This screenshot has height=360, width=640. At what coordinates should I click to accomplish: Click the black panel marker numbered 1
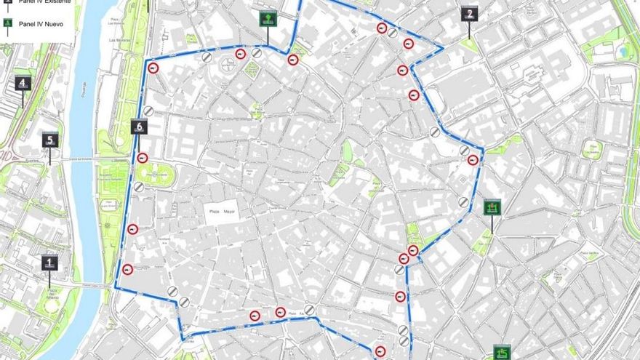pyautogui.click(x=49, y=263)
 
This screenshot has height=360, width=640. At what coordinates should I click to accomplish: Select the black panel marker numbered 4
pyautogui.click(x=23, y=83)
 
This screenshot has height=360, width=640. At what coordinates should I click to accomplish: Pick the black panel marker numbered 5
pyautogui.click(x=50, y=140)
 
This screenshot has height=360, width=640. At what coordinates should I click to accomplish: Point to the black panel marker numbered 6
pyautogui.click(x=140, y=127)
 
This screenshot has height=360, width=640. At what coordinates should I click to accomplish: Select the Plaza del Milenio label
pyautogui.click(x=52, y=294)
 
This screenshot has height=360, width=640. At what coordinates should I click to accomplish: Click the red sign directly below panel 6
pyautogui.click(x=143, y=158)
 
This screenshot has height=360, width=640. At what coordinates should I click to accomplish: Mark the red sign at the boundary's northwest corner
pyautogui.click(x=153, y=68)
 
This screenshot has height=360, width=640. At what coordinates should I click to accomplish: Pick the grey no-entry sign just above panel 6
pyautogui.click(x=148, y=111)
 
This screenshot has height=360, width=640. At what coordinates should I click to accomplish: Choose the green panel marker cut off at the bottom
pyautogui.click(x=502, y=353)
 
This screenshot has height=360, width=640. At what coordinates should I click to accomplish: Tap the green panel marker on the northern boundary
pyautogui.click(x=268, y=19)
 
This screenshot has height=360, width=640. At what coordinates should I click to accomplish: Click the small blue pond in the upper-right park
pyautogui.click(x=623, y=52)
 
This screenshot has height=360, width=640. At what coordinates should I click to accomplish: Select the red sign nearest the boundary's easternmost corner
pyautogui.click(x=473, y=160)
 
